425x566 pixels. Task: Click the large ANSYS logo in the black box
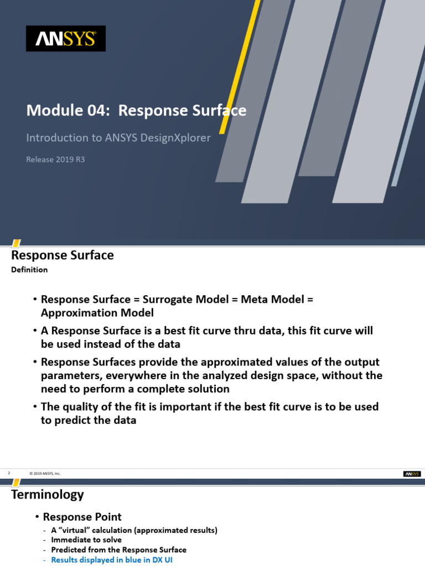click(x=65, y=39)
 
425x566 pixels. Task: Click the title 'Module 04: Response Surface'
click(x=136, y=111)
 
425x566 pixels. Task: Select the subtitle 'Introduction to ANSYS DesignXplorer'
click(x=118, y=138)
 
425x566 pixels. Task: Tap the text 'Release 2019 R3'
click(x=55, y=160)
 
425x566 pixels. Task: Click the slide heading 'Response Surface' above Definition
click(x=63, y=255)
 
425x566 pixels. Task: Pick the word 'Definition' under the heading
click(x=29, y=270)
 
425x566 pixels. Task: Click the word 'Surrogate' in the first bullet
click(x=167, y=299)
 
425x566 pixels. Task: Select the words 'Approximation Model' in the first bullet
click(x=97, y=312)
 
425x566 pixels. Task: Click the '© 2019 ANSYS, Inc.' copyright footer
click(x=45, y=474)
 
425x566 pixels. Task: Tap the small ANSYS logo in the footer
click(x=412, y=474)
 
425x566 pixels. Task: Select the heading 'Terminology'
click(x=48, y=494)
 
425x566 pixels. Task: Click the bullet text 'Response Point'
click(x=82, y=517)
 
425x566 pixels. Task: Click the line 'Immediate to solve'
click(x=86, y=540)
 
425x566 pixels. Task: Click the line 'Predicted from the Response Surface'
click(x=118, y=550)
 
